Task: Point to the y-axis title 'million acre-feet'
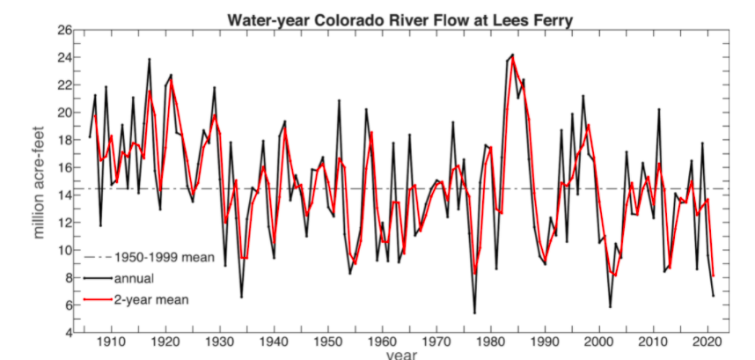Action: pos(40,181)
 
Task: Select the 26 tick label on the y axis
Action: pos(64,30)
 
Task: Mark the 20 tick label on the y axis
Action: pos(64,113)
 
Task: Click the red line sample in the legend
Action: pos(98,299)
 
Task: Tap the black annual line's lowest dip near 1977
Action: pos(474,312)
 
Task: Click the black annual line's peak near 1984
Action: pos(513,55)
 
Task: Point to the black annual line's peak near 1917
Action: pos(150,59)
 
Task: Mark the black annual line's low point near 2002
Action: pos(610,307)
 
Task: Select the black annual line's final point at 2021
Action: pos(713,296)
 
